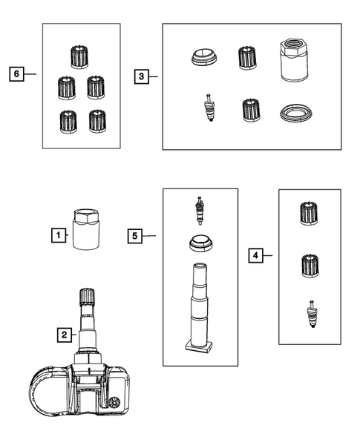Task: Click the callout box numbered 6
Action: (16, 74)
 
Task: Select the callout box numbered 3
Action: (142, 76)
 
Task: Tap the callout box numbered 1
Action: (59, 235)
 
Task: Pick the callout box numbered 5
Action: (135, 236)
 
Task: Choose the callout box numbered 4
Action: (255, 255)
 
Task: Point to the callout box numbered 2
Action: (65, 335)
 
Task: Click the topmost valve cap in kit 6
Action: (79, 57)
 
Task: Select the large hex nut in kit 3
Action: (294, 60)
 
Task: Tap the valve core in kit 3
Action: (209, 108)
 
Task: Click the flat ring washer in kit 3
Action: (295, 113)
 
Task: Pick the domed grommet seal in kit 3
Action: (204, 57)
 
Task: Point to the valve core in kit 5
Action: (200, 211)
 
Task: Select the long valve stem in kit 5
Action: (199, 306)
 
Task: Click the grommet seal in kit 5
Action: (200, 243)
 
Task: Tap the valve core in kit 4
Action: (311, 314)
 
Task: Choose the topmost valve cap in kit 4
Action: (309, 213)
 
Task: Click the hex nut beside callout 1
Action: (86, 229)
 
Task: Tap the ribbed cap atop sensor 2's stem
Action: (87, 297)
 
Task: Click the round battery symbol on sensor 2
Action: (114, 403)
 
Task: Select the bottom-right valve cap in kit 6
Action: (97, 121)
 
